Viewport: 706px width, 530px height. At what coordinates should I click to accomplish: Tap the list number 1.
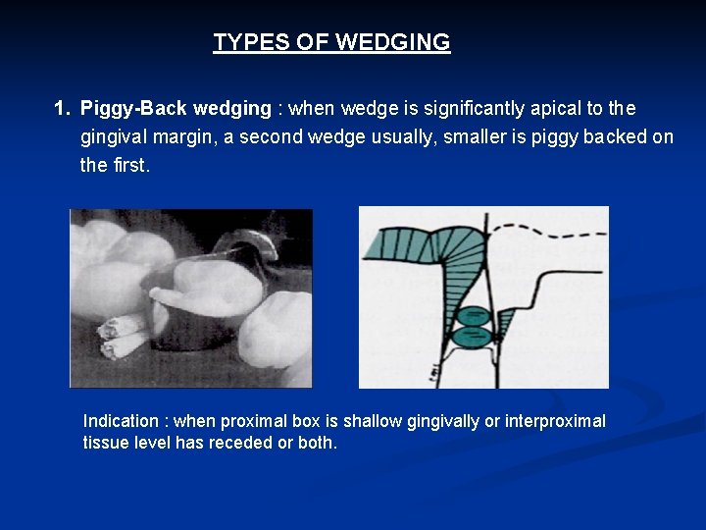(61, 108)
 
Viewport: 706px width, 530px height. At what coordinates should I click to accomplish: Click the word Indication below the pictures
(122, 421)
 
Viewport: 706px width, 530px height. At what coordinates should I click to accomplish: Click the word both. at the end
(318, 443)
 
